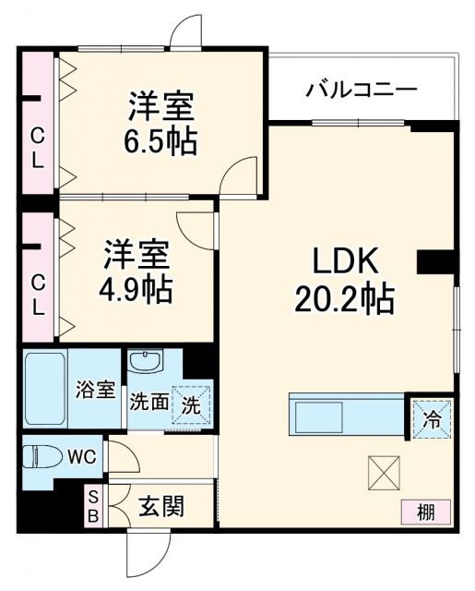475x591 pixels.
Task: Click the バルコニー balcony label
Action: coord(362,90)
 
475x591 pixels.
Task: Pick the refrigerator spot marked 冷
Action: coord(432,416)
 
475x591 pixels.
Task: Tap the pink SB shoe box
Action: coord(92,506)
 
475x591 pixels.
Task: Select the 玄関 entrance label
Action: coord(161,506)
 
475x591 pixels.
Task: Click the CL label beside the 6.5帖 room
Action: coord(37,148)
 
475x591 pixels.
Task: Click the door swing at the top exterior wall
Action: coord(187,31)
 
